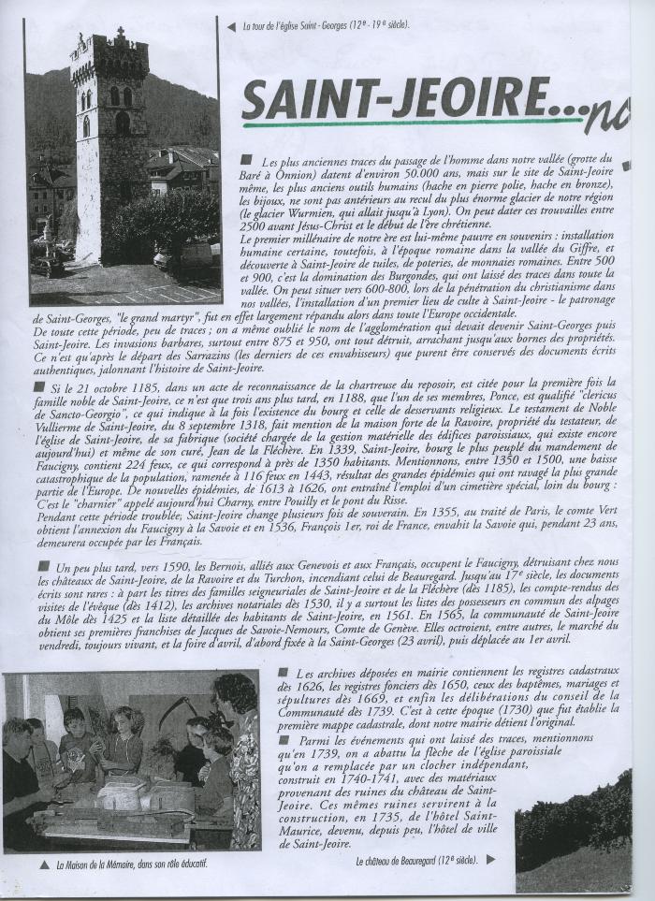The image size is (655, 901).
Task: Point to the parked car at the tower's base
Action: point(47,267)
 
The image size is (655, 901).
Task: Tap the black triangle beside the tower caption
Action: point(231,26)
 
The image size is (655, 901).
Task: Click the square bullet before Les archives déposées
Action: point(284,673)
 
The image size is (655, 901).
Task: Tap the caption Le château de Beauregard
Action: point(417,859)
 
